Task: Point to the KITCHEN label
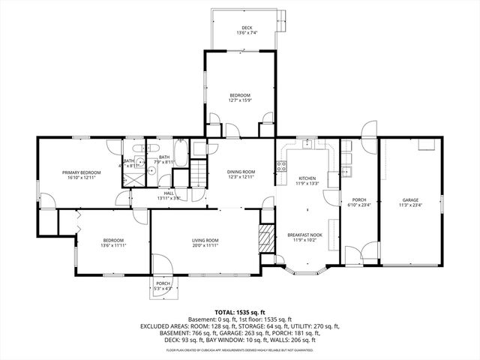pyautogui.click(x=307, y=178)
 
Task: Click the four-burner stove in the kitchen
pyautogui.click(x=282, y=168)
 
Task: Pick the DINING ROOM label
pyautogui.click(x=241, y=172)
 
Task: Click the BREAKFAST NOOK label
pyautogui.click(x=307, y=235)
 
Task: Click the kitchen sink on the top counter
pyautogui.click(x=308, y=144)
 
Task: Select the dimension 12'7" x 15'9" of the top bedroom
pyautogui.click(x=240, y=100)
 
